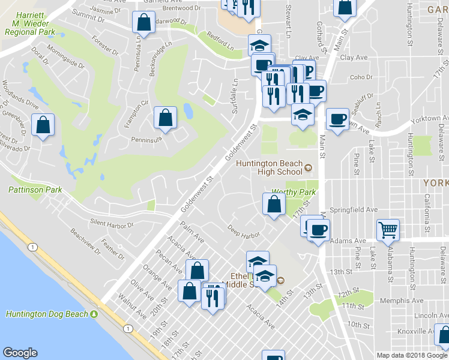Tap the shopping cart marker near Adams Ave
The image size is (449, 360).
click(388, 229)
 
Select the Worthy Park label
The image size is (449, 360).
click(294, 192)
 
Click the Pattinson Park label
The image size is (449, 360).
click(35, 190)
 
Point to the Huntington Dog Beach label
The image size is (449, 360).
click(46, 314)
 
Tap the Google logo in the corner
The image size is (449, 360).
click(20, 353)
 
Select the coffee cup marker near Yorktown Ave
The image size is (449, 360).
click(338, 118)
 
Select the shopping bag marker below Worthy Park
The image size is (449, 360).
click(274, 203)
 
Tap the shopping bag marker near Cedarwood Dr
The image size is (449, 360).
click(144, 23)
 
